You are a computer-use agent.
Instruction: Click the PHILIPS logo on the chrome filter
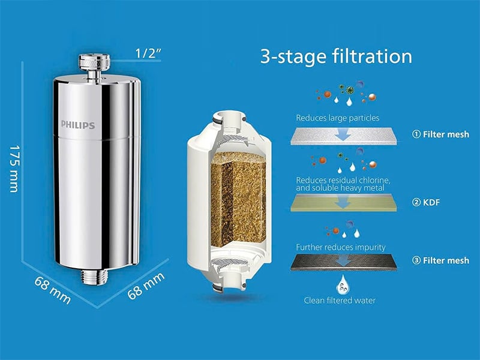point(78,125)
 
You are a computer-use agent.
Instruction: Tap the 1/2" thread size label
point(148,53)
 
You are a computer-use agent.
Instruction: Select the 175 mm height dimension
point(14,169)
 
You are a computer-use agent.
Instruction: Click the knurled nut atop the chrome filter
point(94,62)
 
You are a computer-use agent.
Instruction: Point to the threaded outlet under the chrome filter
point(94,277)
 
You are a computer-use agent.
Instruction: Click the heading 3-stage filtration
point(336,56)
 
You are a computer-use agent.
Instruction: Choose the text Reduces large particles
point(337,118)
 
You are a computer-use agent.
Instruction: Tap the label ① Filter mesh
point(440,134)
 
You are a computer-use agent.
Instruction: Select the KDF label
point(426,202)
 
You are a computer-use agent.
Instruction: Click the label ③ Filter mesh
point(440,260)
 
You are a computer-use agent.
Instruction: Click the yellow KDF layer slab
point(343,203)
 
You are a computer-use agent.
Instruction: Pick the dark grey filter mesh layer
point(343,262)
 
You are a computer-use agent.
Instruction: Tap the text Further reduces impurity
point(340,247)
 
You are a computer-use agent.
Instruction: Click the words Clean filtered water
point(340,301)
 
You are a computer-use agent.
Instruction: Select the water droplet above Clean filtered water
point(343,284)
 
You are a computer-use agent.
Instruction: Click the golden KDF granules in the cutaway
point(238,199)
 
